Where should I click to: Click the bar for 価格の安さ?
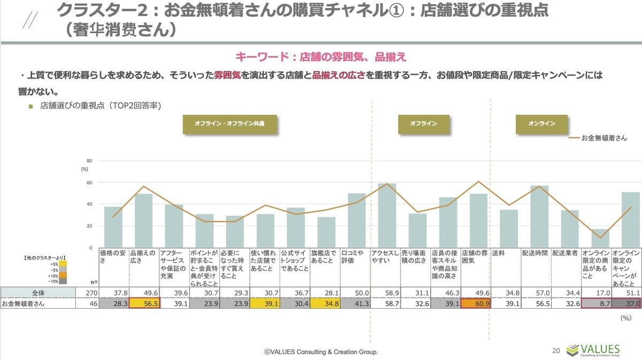point(113,227)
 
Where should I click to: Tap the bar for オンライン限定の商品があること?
point(600,239)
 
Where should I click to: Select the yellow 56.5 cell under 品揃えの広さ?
point(143,304)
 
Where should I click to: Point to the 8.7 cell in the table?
point(597,304)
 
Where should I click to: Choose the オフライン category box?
point(423,124)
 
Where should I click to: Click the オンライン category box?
point(541,124)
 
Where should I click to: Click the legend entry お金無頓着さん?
point(603,137)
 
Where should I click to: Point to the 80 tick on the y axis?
point(90,160)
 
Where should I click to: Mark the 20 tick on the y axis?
point(90,226)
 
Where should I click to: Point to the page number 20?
point(556,351)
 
